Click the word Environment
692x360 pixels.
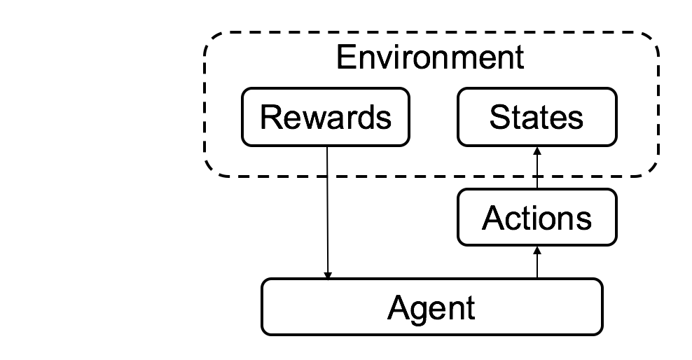[429, 57]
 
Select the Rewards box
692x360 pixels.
[326, 117]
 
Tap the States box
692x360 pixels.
[537, 117]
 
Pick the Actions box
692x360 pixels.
[537, 219]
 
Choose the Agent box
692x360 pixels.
[431, 307]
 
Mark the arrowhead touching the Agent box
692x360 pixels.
[328, 275]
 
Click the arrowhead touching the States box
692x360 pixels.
[537, 151]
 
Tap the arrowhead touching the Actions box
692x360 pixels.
[537, 250]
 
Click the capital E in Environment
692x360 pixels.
[345, 57]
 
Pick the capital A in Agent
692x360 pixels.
[398, 307]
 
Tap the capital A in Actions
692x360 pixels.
[493, 219]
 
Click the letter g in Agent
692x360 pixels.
[420, 310]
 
